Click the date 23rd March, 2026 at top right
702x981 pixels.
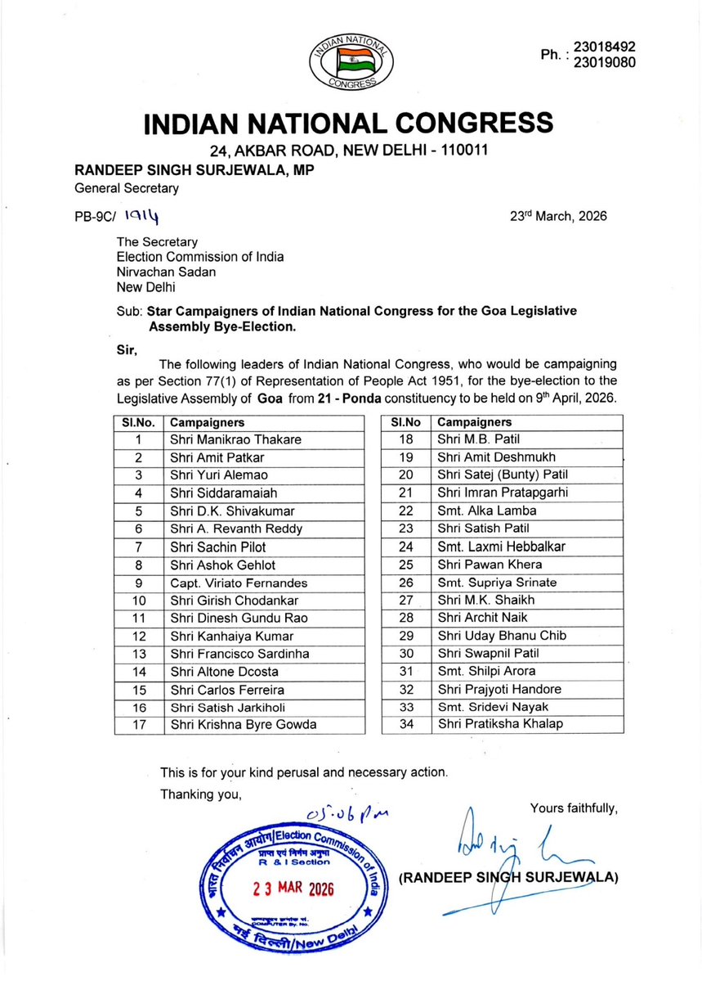click(x=557, y=217)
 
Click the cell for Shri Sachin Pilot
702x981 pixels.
click(x=217, y=547)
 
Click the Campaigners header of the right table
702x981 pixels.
click(x=475, y=422)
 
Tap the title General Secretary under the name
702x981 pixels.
click(x=127, y=187)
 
